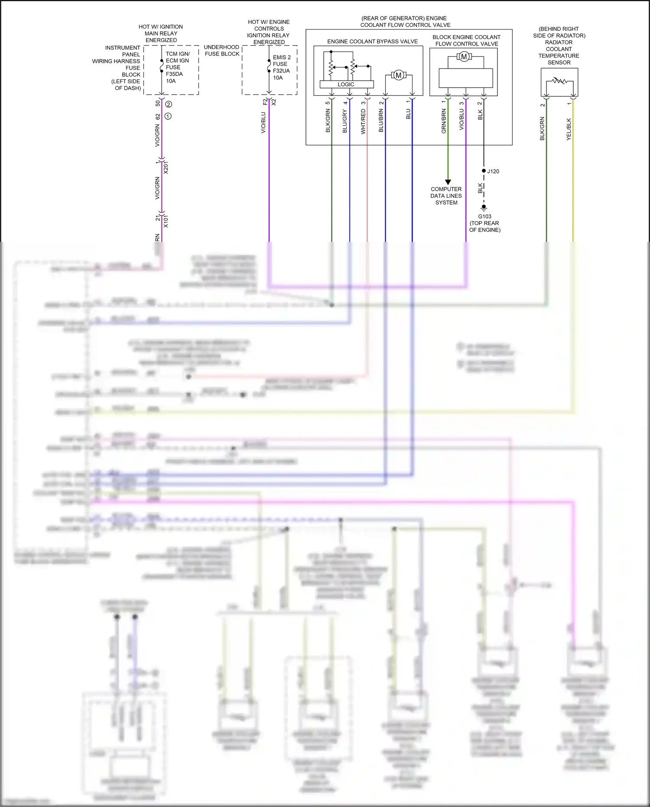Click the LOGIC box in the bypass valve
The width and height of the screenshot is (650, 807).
pos(346,85)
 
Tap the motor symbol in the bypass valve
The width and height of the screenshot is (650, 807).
pos(398,75)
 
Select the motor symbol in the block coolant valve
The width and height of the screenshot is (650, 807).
pos(464,57)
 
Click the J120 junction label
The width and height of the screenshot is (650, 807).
pos(493,171)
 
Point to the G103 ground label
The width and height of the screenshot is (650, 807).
pos(484,216)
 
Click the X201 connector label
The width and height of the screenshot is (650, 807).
pos(166,167)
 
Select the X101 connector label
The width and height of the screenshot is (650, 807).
pos(166,221)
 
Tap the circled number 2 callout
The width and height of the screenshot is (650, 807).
pos(169,105)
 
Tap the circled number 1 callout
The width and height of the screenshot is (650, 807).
pos(168,116)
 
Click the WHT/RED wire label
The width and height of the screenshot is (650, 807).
pos(363,121)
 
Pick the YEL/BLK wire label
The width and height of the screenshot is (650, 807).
pos(569,129)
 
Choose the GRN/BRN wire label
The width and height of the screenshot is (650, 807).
pos(444,121)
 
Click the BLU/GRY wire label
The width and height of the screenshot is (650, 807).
pos(345,121)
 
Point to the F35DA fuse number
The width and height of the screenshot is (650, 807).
pos(174,74)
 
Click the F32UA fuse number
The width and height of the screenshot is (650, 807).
pos(281,71)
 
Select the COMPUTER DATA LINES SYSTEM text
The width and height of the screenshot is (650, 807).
pos(446,196)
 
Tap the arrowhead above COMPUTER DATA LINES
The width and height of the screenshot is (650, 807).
pos(448,182)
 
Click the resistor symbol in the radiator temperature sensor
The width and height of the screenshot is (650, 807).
pos(559,81)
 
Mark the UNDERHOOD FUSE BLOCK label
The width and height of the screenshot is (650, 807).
pos(221,50)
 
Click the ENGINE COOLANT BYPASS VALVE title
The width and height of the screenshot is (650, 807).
pos(372,42)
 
